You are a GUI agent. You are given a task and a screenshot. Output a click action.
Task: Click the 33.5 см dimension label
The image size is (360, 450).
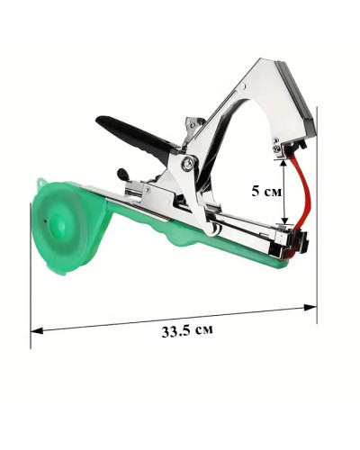(187, 330)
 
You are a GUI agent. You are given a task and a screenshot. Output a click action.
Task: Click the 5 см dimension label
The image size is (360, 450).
(266, 191)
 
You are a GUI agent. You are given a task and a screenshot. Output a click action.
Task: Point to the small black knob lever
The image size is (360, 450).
(123, 175)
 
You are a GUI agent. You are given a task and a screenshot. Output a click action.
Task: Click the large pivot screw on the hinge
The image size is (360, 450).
(187, 163)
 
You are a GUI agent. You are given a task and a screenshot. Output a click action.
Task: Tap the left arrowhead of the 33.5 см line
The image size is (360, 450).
(37, 330)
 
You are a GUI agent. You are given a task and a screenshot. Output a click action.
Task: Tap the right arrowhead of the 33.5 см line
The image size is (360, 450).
(310, 308)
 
